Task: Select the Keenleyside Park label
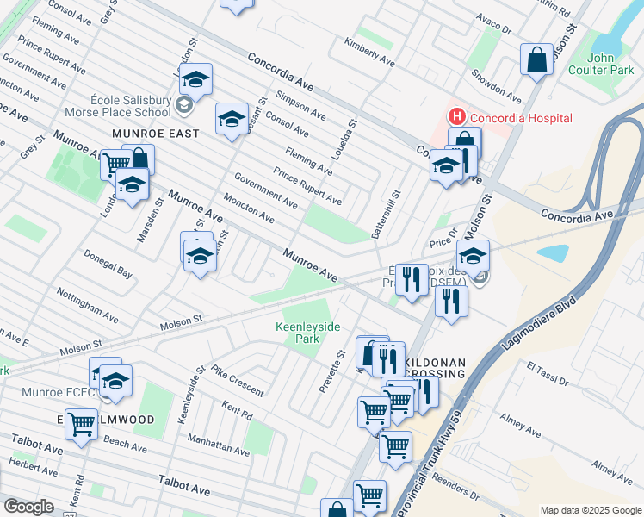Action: [308, 333]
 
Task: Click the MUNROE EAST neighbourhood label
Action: [155, 134]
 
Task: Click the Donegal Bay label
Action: [108, 265]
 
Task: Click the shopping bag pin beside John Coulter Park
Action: [536, 60]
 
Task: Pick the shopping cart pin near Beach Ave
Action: [81, 424]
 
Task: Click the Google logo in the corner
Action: [28, 507]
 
